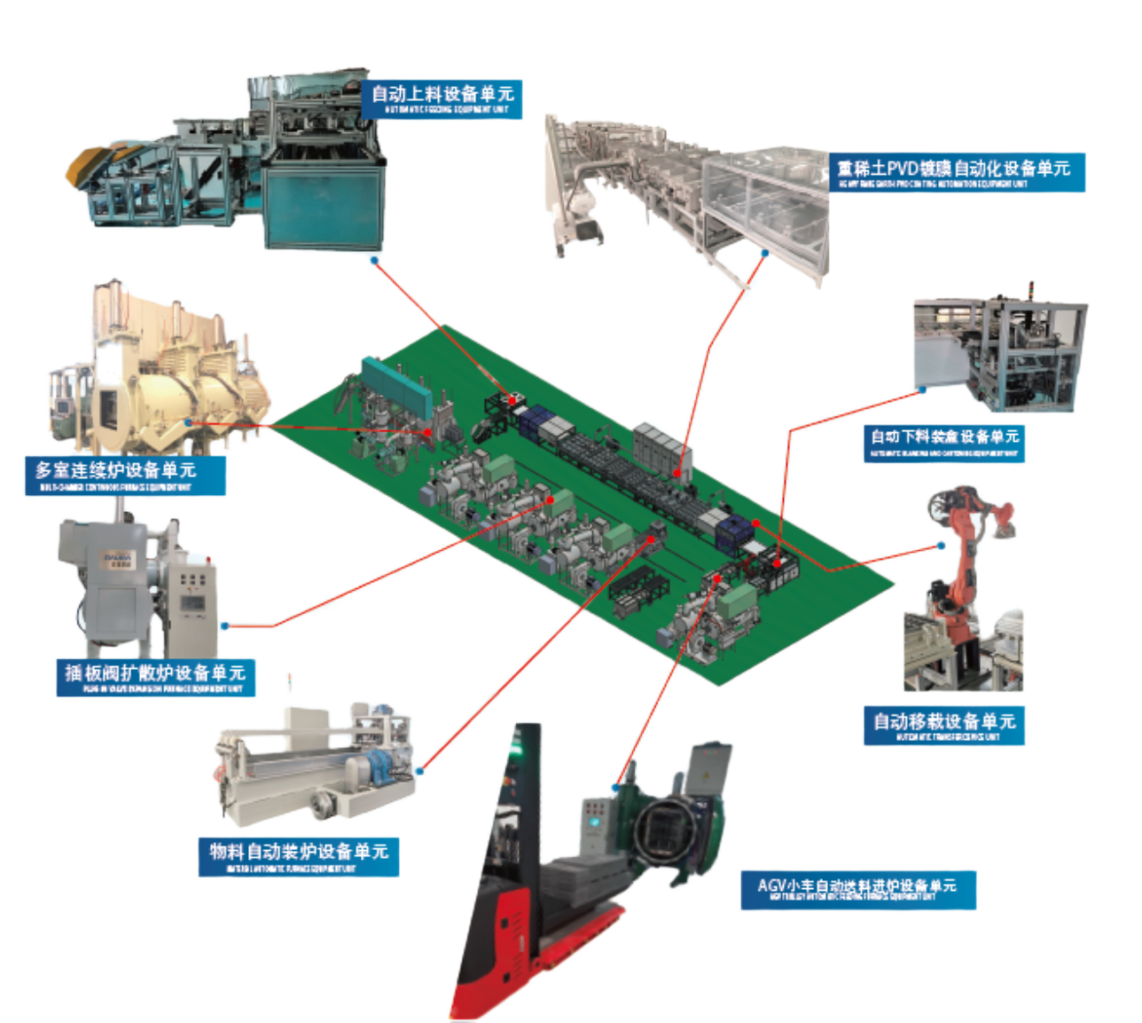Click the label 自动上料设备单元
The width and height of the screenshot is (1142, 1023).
tap(442, 97)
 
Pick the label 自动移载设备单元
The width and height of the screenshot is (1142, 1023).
tap(944, 725)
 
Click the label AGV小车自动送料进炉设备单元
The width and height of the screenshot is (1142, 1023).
tap(857, 888)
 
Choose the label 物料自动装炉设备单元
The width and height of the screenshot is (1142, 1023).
tap(299, 855)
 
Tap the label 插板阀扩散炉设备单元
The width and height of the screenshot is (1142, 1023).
tap(155, 675)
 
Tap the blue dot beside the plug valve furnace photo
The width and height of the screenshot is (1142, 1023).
tap(225, 626)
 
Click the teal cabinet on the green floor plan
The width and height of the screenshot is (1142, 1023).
tap(395, 382)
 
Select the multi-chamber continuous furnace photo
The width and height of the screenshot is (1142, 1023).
tap(160, 373)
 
